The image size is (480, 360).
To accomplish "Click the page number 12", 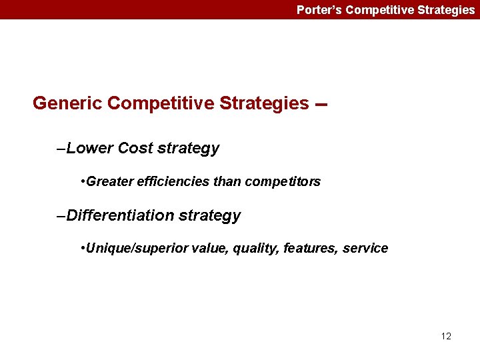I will click(x=446, y=336).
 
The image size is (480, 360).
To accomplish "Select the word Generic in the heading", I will click(x=67, y=103).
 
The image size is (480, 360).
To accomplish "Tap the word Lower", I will click(x=90, y=148).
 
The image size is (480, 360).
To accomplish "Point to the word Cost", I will click(x=135, y=148).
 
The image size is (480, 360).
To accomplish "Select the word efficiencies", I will click(x=171, y=181).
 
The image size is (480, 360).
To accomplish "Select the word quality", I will click(x=256, y=249).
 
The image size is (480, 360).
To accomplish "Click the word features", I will click(x=310, y=249).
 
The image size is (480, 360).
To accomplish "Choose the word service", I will click(x=365, y=249).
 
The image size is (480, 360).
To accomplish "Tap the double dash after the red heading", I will click(x=321, y=105).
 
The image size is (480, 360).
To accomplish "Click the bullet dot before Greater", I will click(x=81, y=181).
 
